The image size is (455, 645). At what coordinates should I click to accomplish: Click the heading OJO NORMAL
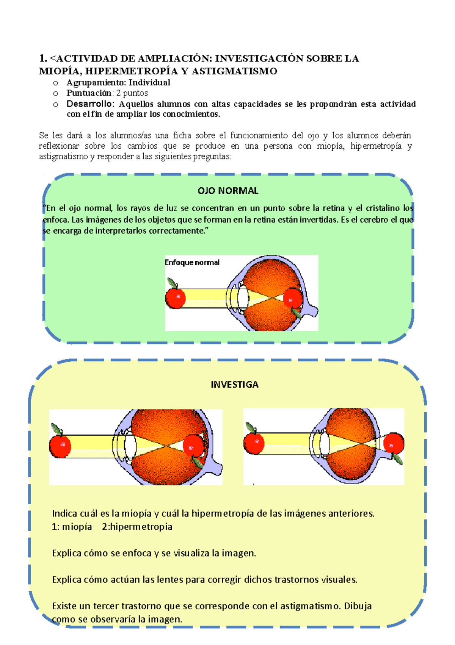tap(228, 191)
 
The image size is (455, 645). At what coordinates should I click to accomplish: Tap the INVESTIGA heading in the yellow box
tap(234, 384)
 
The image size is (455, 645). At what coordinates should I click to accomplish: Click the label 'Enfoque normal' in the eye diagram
tap(192, 262)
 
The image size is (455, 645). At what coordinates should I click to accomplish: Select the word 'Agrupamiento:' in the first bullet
tap(96, 83)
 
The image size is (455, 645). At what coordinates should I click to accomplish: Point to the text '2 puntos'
tap(132, 93)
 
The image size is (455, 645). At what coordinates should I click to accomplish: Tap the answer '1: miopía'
tap(72, 527)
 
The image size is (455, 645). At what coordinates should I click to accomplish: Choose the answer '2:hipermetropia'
tap(137, 527)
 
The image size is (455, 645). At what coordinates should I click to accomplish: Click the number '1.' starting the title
tap(43, 58)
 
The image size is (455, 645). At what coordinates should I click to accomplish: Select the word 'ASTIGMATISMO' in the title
tap(234, 71)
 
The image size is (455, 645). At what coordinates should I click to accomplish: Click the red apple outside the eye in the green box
tap(176, 298)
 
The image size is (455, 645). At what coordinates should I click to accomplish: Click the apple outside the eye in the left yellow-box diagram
tap(60, 446)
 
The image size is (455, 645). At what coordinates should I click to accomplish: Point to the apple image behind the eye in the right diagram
tap(394, 443)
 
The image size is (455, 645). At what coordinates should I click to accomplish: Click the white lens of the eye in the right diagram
tap(325, 444)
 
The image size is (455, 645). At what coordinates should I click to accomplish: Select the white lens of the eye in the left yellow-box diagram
tap(130, 446)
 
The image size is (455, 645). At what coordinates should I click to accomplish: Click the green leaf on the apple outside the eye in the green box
tap(172, 282)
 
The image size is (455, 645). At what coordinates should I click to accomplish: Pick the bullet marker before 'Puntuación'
tap(56, 93)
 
